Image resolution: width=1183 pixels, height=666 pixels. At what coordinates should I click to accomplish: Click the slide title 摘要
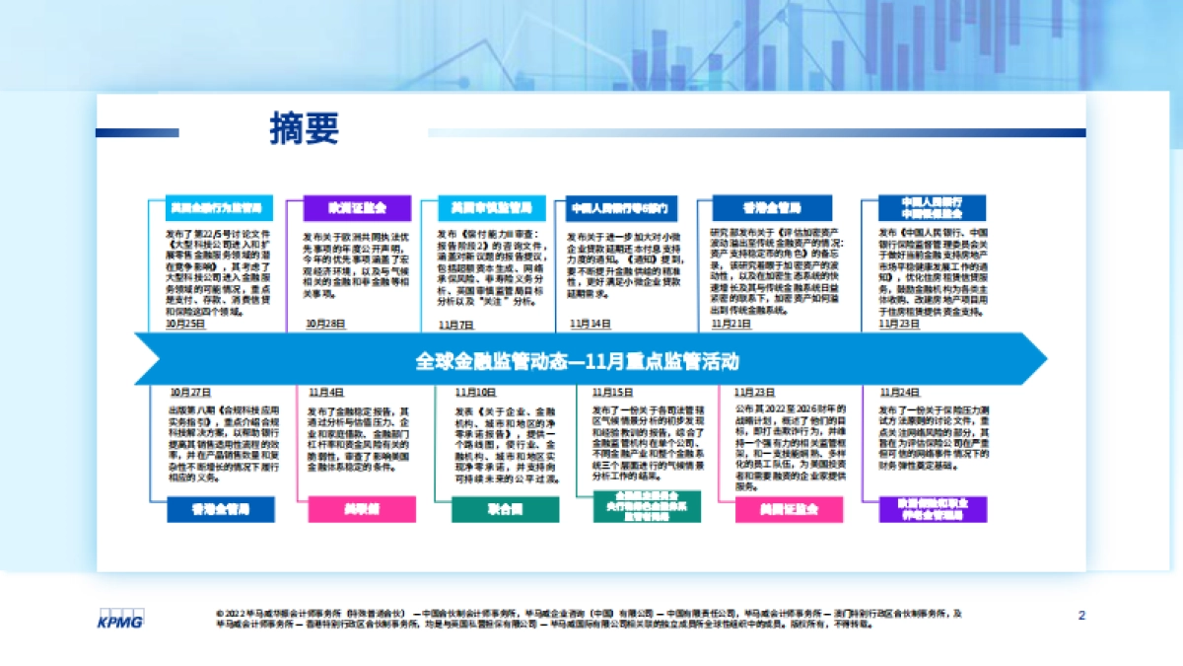tap(304, 129)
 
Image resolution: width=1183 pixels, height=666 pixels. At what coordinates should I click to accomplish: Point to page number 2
tap(1081, 616)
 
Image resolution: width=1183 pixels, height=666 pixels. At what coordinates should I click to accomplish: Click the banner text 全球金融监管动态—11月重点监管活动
tap(577, 361)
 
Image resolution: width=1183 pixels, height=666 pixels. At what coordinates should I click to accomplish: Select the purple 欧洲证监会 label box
tap(357, 208)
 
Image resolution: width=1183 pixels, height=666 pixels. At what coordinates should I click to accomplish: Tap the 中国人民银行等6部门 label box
tap(622, 208)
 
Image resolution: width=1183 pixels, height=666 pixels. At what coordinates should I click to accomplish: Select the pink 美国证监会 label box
tap(790, 509)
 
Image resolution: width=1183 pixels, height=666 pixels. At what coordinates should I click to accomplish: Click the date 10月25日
tap(186, 323)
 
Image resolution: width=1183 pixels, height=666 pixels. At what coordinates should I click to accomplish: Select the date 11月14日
tap(591, 324)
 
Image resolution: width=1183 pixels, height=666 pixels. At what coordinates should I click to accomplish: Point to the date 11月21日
tap(731, 323)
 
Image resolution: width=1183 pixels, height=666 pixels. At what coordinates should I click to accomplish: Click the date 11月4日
tap(326, 392)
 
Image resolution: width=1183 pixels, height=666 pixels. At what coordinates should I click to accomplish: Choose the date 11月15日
tap(612, 392)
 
